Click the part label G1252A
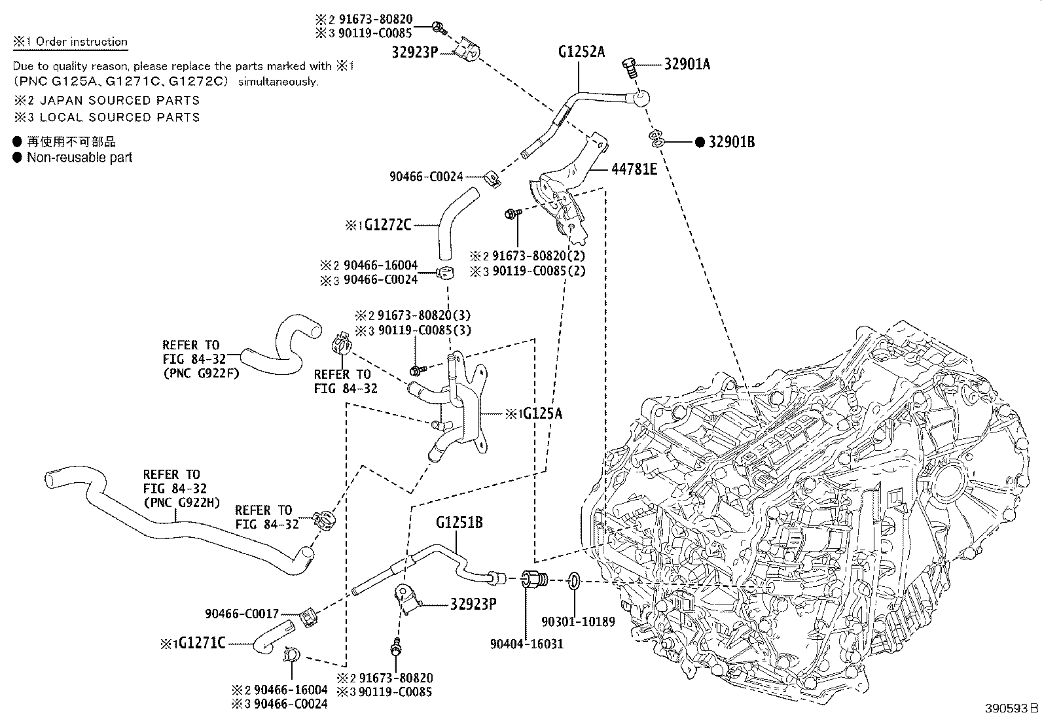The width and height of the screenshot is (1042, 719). tap(581, 52)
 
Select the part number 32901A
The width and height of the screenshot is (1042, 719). tap(687, 64)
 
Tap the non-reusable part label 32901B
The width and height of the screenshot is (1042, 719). tap(731, 142)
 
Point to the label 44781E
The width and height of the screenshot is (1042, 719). tap(634, 169)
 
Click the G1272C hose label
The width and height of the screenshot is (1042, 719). tap(387, 225)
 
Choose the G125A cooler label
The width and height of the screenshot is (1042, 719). tap(541, 413)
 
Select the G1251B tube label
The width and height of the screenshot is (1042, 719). tap(459, 523)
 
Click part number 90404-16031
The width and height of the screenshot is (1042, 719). tap(526, 644)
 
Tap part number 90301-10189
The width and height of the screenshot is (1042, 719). tap(579, 622)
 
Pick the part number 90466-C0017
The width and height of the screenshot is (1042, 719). tap(242, 614)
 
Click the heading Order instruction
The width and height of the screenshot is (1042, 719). tap(81, 42)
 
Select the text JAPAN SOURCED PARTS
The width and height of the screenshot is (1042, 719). tap(119, 100)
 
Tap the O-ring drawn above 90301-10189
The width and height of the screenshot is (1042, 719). tap(573, 580)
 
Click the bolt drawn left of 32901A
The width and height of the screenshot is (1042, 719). tap(630, 66)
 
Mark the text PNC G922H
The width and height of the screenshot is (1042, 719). tap(182, 502)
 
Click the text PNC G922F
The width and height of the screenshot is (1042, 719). tap(201, 374)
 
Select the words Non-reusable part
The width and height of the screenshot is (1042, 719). tap(79, 158)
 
